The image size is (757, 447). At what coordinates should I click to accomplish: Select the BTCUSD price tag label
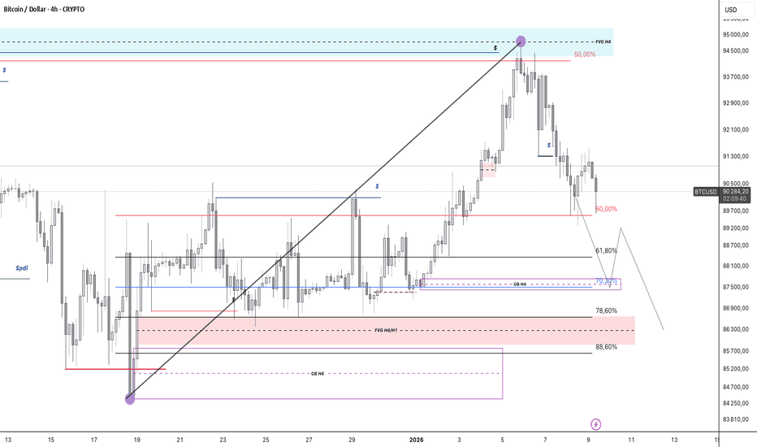704,192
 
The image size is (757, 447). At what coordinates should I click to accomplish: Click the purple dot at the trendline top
521,41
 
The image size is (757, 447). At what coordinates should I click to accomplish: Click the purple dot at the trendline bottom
130,398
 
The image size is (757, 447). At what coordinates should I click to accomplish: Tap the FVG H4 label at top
603,41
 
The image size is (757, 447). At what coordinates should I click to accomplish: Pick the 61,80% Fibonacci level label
606,251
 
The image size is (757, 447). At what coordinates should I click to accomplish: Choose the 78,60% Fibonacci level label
606,310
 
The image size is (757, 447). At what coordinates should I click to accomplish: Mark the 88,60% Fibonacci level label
606,347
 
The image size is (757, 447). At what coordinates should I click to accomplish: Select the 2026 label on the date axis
416,440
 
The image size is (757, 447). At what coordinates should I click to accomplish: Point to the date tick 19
136,440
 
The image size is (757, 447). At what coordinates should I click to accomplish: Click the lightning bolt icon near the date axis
597,424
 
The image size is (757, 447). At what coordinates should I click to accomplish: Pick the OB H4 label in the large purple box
318,373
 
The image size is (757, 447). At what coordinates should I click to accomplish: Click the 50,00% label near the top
584,54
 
